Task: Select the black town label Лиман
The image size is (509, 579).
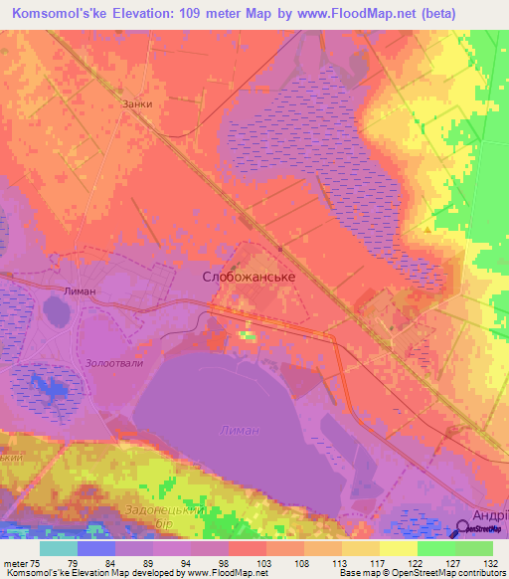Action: click(80, 290)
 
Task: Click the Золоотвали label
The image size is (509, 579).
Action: click(114, 363)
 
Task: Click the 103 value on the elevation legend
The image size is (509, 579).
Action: click(263, 562)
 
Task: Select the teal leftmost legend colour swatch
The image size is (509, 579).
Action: click(58, 548)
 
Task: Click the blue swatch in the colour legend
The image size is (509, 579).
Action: click(95, 548)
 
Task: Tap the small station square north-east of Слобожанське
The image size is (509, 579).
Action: click(281, 249)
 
